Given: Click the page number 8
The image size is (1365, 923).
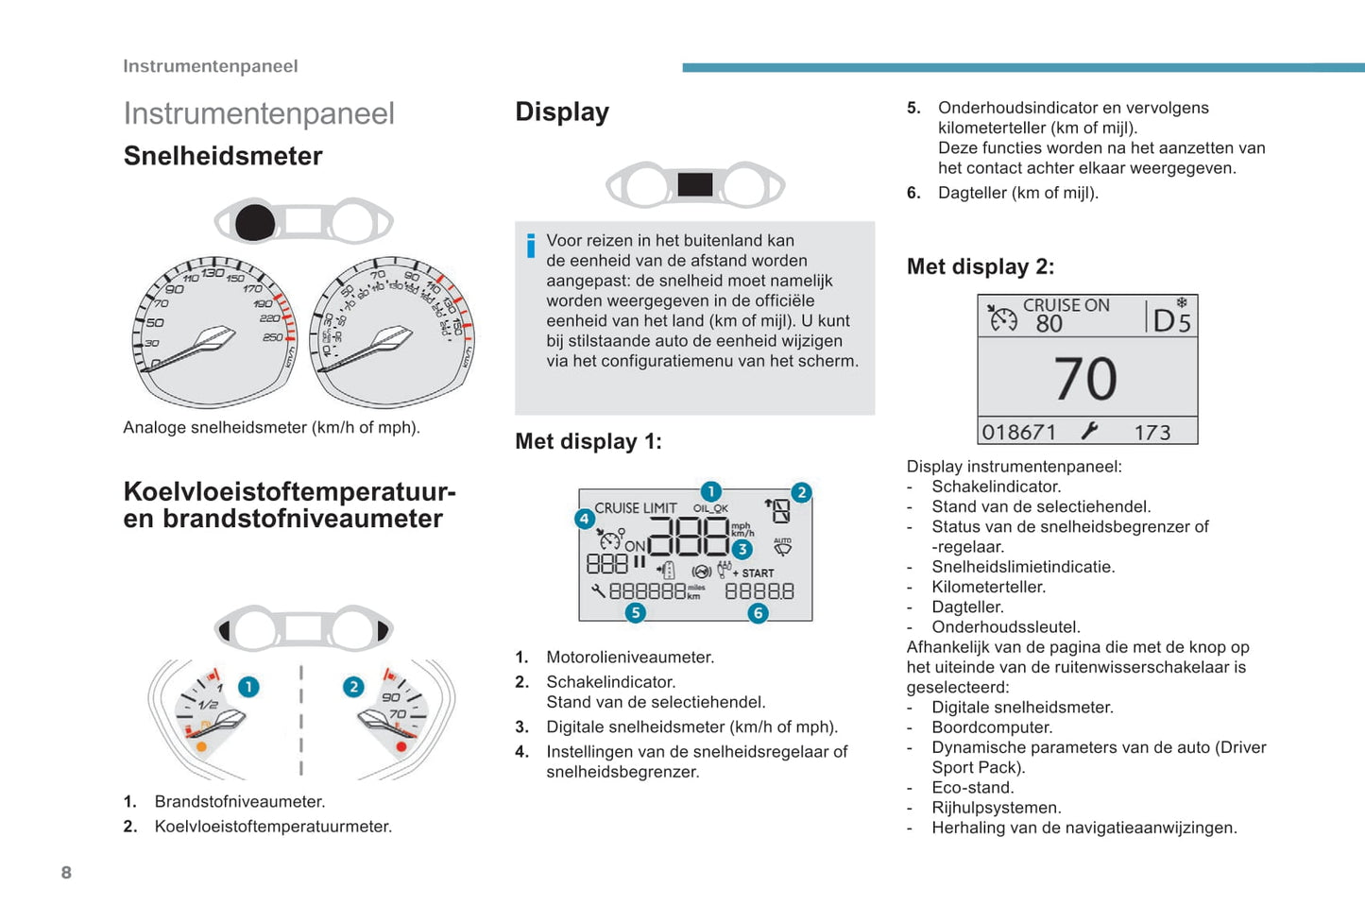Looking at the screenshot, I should click(x=66, y=872).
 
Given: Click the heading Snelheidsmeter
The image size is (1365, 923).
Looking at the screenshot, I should click(x=223, y=156).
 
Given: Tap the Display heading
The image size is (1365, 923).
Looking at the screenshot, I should click(x=562, y=111).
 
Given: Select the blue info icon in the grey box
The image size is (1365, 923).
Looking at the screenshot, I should click(x=531, y=246).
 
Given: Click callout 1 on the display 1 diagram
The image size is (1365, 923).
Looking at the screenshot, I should click(x=710, y=491).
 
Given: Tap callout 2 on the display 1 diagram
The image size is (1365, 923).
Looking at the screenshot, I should click(x=801, y=492).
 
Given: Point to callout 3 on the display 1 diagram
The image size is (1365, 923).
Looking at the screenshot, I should click(x=742, y=549).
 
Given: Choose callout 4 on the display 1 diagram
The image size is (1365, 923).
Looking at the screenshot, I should click(x=584, y=518).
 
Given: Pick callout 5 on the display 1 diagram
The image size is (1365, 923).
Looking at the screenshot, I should click(x=636, y=613).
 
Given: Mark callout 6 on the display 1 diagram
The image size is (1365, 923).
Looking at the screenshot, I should click(x=758, y=613).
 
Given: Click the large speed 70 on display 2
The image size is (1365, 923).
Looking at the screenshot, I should click(x=1086, y=378).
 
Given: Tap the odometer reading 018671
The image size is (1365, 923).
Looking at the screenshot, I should click(x=1018, y=432).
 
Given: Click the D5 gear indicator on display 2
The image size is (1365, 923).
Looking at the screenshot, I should click(x=1172, y=320).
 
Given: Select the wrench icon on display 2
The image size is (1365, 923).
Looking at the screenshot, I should click(x=1090, y=431).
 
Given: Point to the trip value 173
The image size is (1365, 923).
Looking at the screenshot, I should click(x=1152, y=432).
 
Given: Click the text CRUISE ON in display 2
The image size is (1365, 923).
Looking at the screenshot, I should click(x=1066, y=305).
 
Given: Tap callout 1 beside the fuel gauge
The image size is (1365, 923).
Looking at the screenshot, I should click(x=248, y=687).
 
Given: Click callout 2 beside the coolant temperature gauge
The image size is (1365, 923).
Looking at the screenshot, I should click(x=353, y=687).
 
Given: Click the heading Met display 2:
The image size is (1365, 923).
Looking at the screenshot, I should click(x=980, y=266).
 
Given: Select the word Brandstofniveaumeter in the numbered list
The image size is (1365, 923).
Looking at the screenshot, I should click(x=240, y=801).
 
